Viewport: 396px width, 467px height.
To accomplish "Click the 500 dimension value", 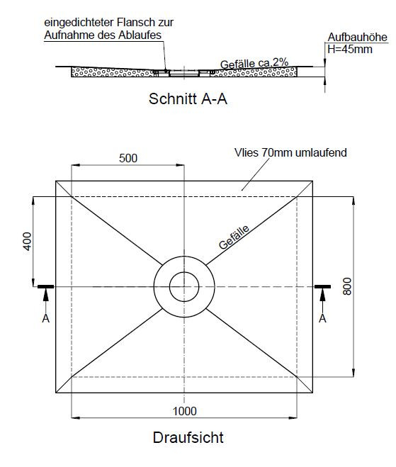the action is [x=128, y=158].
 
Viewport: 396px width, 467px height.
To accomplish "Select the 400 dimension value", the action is [x=27, y=242].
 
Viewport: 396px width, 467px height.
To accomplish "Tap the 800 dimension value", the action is [x=347, y=286].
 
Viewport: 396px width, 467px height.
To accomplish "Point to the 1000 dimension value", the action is [x=185, y=411].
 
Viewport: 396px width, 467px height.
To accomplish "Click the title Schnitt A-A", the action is [x=188, y=99].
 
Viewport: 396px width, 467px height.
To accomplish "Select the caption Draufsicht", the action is [x=188, y=437].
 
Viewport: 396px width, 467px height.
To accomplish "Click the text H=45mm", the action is [x=350, y=49].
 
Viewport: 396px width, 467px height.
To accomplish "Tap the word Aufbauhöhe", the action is [x=357, y=38].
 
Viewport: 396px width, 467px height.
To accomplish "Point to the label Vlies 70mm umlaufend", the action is [x=290, y=152].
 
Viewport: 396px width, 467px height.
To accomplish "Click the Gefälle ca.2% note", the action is [x=254, y=63].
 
